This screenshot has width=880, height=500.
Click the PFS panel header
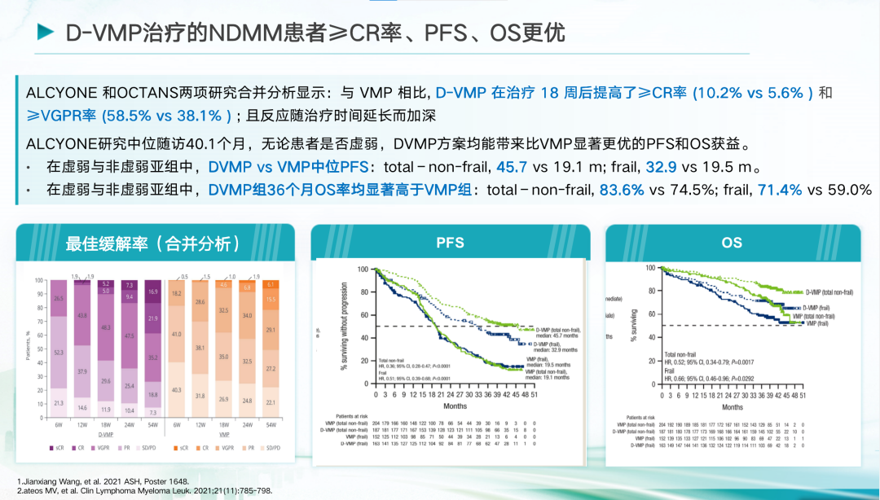point(450,243)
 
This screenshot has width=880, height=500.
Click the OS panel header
point(731,243)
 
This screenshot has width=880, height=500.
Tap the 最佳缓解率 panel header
point(152,243)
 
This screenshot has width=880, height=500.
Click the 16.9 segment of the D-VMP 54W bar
point(153,291)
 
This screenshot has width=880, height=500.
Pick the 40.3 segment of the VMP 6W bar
point(177,390)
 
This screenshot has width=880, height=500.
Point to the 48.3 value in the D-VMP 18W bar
point(105,327)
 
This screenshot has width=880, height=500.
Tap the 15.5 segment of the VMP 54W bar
point(271,299)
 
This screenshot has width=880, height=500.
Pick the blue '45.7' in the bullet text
point(510,168)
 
